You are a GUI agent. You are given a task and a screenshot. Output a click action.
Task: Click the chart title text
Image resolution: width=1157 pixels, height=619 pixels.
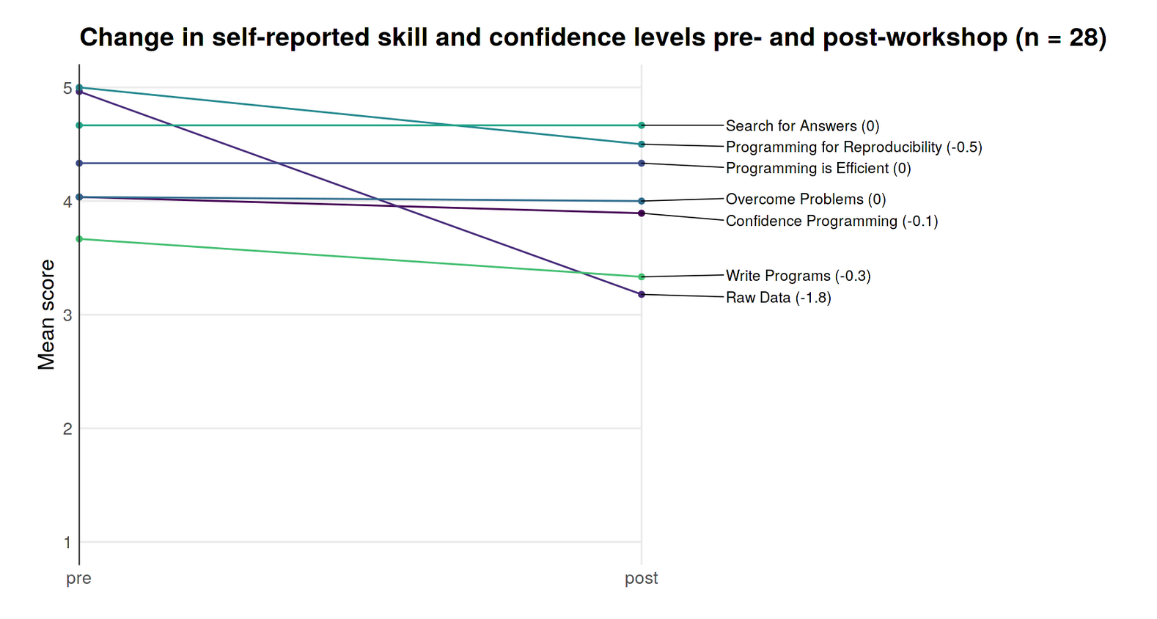pos(592,37)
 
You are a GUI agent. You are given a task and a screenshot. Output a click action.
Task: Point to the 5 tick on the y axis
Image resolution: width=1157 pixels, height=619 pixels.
pos(67,88)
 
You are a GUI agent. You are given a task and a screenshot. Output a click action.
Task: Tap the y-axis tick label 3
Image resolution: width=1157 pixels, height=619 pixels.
pos(67,315)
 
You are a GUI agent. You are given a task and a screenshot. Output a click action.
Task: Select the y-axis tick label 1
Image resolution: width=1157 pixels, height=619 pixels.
pos(67,543)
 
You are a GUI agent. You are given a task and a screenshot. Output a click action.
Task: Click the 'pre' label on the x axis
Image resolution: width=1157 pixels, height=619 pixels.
pos(78,578)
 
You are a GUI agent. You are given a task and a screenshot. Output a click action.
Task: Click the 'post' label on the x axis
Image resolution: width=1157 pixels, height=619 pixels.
pos(641,578)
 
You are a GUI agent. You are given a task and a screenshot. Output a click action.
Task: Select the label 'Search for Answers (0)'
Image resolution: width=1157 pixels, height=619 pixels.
pos(802,126)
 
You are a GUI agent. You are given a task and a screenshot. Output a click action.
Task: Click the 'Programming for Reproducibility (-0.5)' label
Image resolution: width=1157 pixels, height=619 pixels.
pos(853,147)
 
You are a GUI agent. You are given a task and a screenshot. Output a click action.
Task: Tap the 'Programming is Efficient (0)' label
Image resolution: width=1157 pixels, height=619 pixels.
pos(818,169)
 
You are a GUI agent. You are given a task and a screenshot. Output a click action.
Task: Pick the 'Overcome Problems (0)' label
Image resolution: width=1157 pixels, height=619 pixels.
pos(806,199)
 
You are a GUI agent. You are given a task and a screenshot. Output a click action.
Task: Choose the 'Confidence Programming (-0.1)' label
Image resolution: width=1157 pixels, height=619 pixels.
pos(831,221)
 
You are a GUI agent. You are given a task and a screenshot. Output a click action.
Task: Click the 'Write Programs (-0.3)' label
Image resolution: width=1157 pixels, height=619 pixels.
pos(798,276)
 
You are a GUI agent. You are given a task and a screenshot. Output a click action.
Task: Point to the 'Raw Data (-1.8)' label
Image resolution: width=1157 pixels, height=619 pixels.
pos(778,298)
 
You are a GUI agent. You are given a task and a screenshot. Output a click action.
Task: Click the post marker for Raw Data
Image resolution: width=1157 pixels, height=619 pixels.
pos(642,294)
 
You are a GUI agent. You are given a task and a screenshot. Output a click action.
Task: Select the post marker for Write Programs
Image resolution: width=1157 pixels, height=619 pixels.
pos(642,276)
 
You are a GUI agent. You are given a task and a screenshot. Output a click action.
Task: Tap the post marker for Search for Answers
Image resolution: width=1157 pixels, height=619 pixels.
pos(642,125)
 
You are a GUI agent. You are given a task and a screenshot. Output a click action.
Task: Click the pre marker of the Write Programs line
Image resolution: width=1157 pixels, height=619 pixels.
pos(79,239)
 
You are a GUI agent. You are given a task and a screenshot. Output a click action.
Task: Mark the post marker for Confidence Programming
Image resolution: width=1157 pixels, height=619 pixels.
pos(642,213)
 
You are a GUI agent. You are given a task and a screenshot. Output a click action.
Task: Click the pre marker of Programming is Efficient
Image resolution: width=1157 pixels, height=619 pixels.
pos(79,163)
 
